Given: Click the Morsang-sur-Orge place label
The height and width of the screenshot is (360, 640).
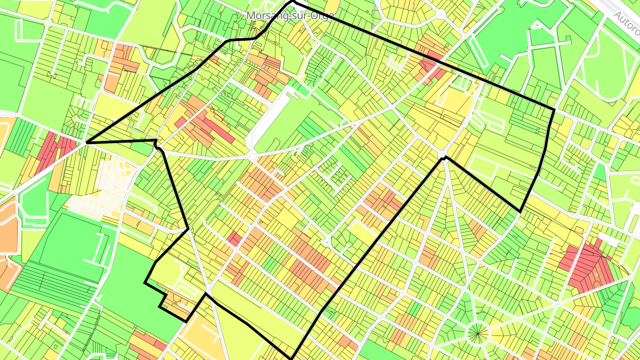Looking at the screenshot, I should click(290, 15).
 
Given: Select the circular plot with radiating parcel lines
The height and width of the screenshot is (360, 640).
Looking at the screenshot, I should click(477, 333).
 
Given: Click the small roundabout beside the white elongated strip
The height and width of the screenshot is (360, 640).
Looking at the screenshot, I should click(253, 157).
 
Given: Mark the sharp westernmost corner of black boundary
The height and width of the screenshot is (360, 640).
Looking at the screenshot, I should click(86, 143).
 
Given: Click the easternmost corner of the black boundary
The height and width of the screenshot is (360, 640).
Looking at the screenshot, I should click(554, 109).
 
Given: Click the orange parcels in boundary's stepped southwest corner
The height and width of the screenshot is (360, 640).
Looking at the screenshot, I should click(178, 304).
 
